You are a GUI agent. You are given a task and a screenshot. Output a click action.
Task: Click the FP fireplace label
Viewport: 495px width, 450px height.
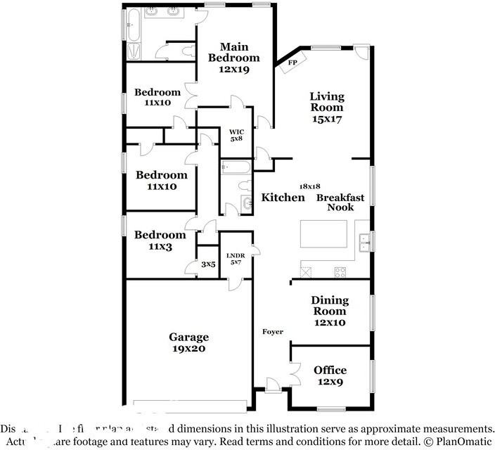[293, 63]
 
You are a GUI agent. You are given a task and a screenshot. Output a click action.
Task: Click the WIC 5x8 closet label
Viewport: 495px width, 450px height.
[236, 134]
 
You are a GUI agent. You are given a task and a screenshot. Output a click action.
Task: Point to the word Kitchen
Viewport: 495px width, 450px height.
[283, 198]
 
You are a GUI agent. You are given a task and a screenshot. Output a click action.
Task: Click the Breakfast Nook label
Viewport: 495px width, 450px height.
[340, 202]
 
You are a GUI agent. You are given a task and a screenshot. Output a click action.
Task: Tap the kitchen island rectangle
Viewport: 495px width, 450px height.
[324, 233]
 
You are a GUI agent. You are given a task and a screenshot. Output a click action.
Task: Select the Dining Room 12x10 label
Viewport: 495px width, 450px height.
[330, 311]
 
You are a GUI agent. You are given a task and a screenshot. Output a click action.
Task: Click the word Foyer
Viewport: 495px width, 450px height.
[273, 332]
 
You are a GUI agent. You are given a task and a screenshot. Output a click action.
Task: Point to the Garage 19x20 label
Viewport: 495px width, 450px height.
[188, 342]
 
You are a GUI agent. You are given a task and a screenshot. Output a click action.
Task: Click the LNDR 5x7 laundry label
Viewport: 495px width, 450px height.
[235, 257]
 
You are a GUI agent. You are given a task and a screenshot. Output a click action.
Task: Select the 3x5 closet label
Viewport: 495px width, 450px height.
[207, 264]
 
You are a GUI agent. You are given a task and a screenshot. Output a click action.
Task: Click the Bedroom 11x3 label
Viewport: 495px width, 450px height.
[161, 240]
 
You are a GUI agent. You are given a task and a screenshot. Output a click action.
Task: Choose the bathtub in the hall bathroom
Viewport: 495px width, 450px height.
[234, 167]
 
